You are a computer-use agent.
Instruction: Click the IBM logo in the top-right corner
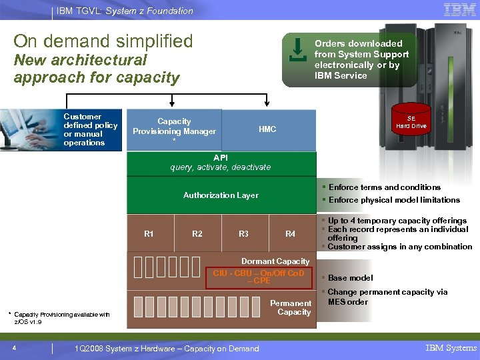[459, 10]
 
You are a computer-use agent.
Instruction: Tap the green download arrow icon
[297, 51]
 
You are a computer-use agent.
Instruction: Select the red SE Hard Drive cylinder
[411, 119]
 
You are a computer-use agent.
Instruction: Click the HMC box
[267, 129]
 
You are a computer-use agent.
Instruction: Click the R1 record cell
[149, 234]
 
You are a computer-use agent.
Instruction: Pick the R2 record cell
[197, 234]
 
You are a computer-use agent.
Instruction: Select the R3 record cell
[244, 234]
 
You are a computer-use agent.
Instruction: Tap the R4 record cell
[291, 234]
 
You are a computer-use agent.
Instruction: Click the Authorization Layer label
[221, 195]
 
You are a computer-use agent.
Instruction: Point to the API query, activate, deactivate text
[221, 163]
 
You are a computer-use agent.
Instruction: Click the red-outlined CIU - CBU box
[259, 277]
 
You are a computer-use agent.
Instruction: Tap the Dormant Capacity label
[275, 261]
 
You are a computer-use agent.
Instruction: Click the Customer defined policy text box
[91, 129]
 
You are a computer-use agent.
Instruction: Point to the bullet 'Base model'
[350, 278]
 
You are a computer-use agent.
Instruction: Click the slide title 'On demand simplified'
[103, 41]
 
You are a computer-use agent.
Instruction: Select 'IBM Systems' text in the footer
[451, 348]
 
